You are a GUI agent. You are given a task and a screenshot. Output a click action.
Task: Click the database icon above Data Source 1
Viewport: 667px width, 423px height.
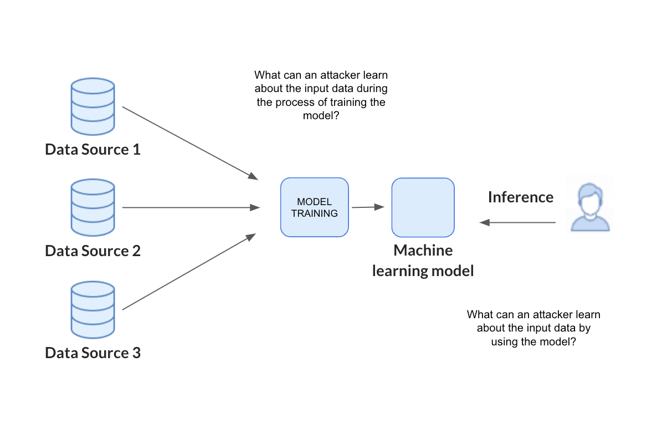[93, 106]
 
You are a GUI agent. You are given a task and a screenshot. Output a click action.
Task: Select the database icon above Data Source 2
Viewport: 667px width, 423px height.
[93, 208]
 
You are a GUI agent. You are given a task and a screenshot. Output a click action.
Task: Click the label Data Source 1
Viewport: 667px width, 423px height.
[93, 150]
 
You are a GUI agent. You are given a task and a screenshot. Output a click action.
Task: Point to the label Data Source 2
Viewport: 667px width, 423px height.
[93, 251]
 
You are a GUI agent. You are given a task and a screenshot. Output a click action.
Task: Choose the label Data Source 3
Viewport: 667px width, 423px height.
[93, 353]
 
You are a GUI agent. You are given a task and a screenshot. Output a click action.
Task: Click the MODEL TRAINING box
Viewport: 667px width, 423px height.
[314, 207]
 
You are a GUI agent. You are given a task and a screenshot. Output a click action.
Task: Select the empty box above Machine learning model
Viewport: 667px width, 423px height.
[423, 207]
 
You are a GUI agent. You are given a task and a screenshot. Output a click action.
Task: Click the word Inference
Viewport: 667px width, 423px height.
[520, 197]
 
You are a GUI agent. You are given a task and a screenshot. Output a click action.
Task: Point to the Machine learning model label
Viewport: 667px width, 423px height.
[423, 261]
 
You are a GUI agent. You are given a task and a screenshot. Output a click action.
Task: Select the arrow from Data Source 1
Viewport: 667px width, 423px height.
[189, 142]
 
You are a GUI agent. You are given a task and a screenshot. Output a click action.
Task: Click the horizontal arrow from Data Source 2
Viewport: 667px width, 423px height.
[191, 208]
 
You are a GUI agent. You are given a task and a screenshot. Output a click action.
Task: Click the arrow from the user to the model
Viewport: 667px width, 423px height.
[517, 222]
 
